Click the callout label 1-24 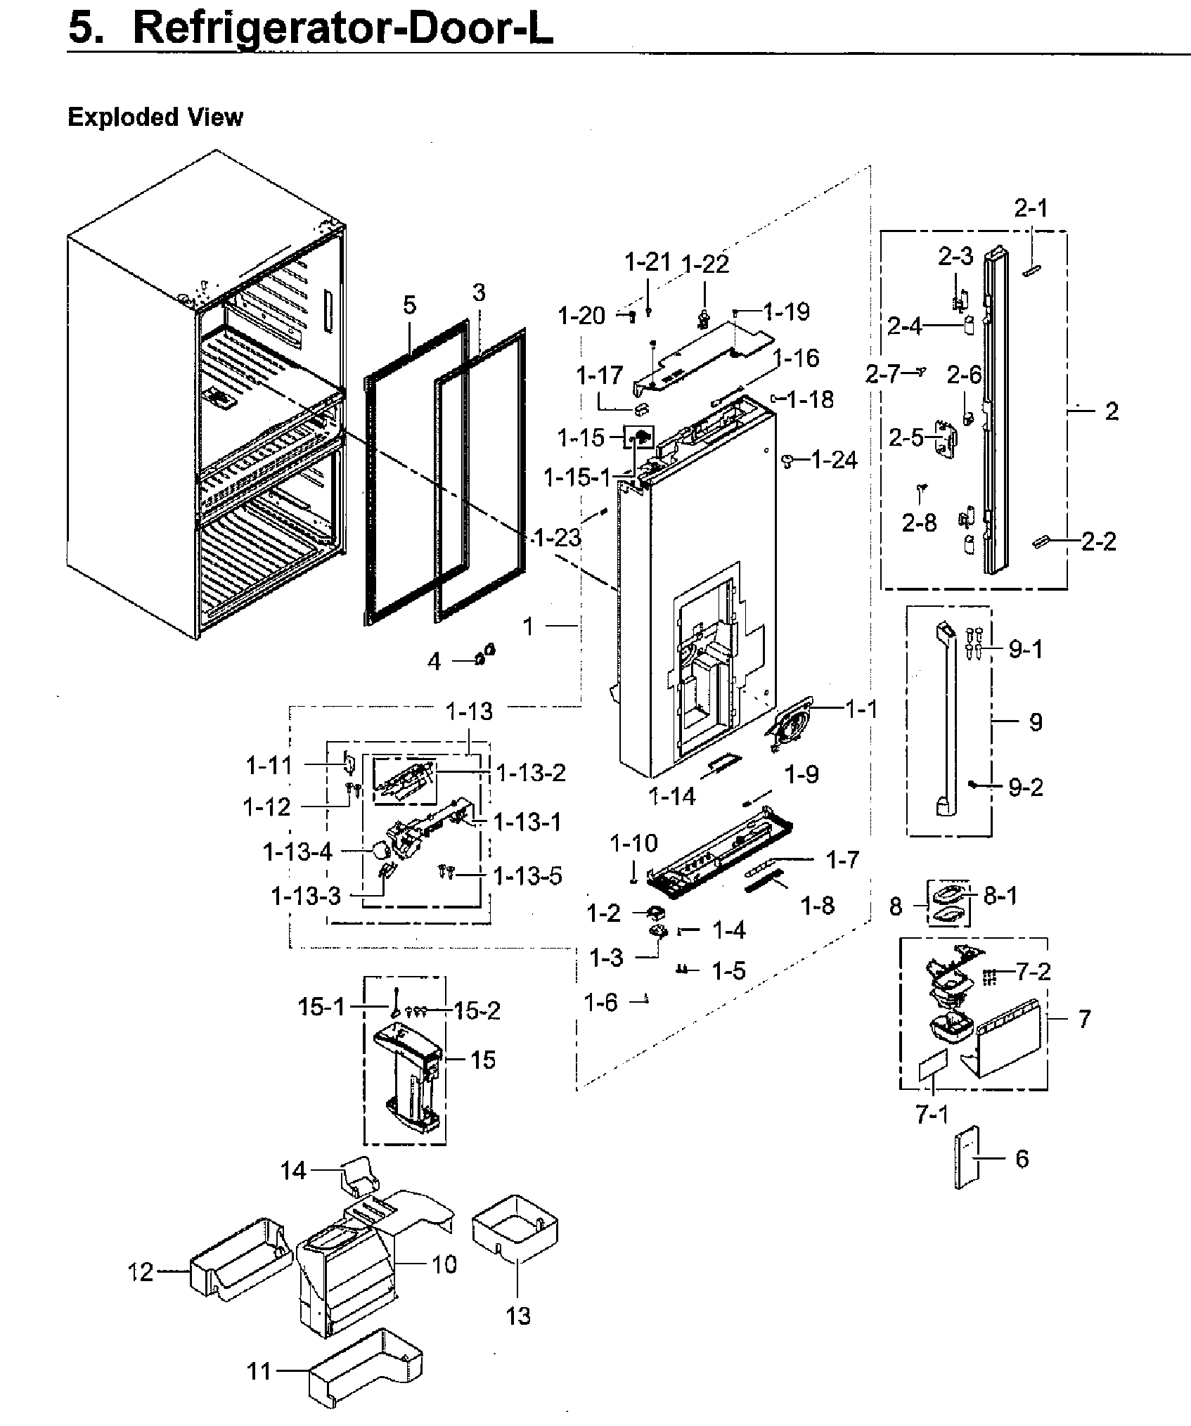(834, 460)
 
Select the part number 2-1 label (1031, 208)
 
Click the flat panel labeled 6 (967, 1157)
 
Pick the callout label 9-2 (1026, 787)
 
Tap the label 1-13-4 (297, 852)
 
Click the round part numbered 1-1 (791, 724)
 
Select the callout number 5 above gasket (410, 304)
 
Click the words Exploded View (155, 117)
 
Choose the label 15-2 (477, 1010)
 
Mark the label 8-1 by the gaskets (1000, 896)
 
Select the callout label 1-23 (558, 538)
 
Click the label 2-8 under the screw (919, 522)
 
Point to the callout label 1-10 (633, 842)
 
